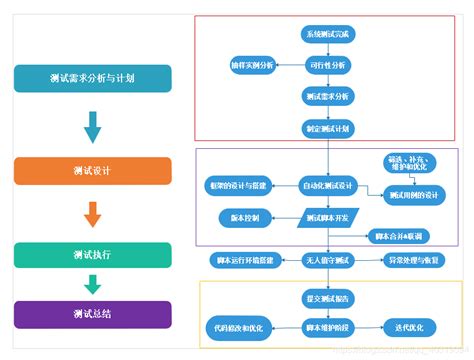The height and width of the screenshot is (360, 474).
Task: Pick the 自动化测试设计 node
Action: click(328, 185)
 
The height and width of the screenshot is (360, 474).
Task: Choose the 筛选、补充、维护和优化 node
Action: click(412, 164)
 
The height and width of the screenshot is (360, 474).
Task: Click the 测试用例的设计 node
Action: click(413, 196)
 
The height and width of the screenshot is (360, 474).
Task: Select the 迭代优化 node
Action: click(411, 326)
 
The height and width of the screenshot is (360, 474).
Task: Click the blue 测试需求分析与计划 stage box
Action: click(92, 79)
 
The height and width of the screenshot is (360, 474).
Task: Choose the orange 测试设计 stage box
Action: click(92, 170)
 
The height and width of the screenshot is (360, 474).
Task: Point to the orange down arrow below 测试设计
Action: click(92, 213)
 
